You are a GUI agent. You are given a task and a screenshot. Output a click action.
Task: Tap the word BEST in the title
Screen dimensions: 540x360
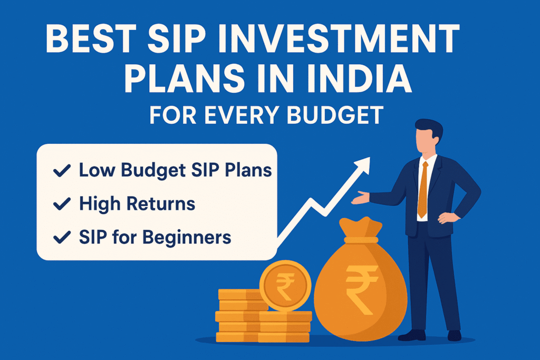91,38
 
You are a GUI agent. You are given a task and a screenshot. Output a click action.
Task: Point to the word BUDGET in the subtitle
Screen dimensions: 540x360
335,115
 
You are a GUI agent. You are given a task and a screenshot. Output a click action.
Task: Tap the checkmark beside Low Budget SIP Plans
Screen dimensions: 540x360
62,170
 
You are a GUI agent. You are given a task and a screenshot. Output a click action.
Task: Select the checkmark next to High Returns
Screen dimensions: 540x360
62,204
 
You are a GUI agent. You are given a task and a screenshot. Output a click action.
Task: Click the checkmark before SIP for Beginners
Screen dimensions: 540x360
62,237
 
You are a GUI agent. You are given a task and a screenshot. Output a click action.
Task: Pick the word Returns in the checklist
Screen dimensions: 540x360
161,203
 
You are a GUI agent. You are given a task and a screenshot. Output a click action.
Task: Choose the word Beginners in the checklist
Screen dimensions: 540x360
187,238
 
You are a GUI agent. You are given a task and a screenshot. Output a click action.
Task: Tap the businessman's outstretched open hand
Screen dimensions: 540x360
360,198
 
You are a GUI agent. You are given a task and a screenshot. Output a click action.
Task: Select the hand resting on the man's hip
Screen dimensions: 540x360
448,218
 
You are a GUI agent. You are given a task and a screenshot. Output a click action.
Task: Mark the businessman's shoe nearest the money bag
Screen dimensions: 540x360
412,335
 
